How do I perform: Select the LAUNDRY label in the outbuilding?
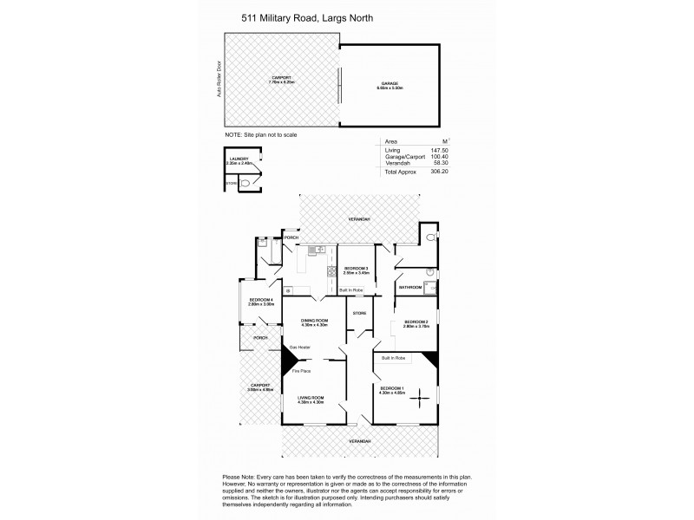click(x=239, y=159)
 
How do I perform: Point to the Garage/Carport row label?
click(x=403, y=157)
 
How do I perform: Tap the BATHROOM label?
click(x=410, y=287)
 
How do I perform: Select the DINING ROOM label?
click(x=314, y=322)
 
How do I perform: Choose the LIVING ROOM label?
click(x=310, y=399)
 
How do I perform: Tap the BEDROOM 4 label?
click(x=261, y=300)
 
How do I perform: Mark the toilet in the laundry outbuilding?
click(x=246, y=183)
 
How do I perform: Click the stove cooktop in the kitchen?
click(x=331, y=272)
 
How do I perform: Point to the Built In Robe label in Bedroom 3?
click(x=350, y=289)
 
